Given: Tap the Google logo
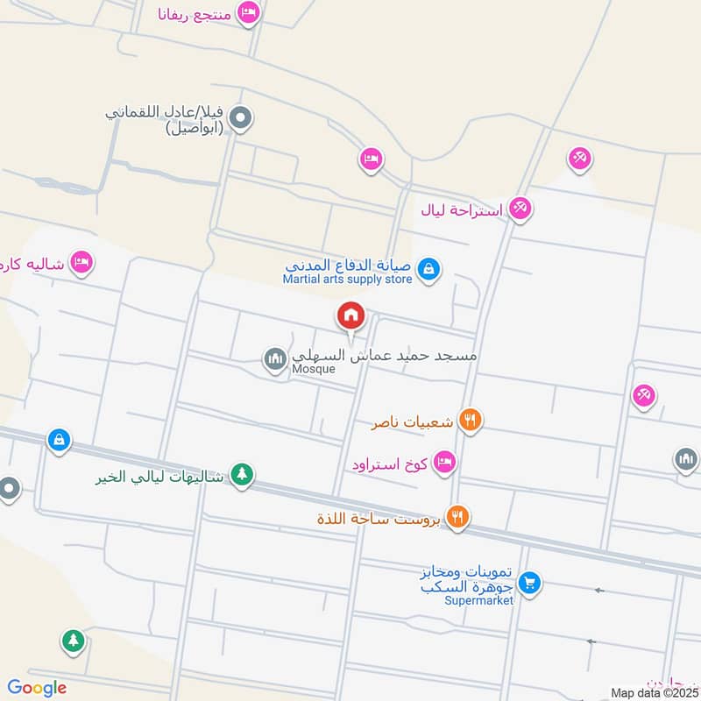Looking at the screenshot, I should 37,688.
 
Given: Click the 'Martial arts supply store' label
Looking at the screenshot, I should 347,280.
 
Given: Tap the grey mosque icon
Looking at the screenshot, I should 275,359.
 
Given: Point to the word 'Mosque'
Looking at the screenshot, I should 314,369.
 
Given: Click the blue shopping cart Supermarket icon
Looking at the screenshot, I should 529,582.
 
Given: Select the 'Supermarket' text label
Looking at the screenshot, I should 478,600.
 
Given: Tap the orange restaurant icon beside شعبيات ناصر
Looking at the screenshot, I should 471,421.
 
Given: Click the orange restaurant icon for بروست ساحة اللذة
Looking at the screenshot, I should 457,517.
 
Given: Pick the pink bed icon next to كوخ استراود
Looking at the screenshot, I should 445,462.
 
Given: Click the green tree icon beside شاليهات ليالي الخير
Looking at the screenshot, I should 243,475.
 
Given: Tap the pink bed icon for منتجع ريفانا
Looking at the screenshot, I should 249,13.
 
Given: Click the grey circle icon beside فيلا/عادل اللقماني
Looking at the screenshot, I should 243,117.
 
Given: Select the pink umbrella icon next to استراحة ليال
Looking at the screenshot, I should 521,209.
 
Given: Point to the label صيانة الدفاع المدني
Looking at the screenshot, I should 350,265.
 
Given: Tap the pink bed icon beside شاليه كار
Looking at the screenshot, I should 81,262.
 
